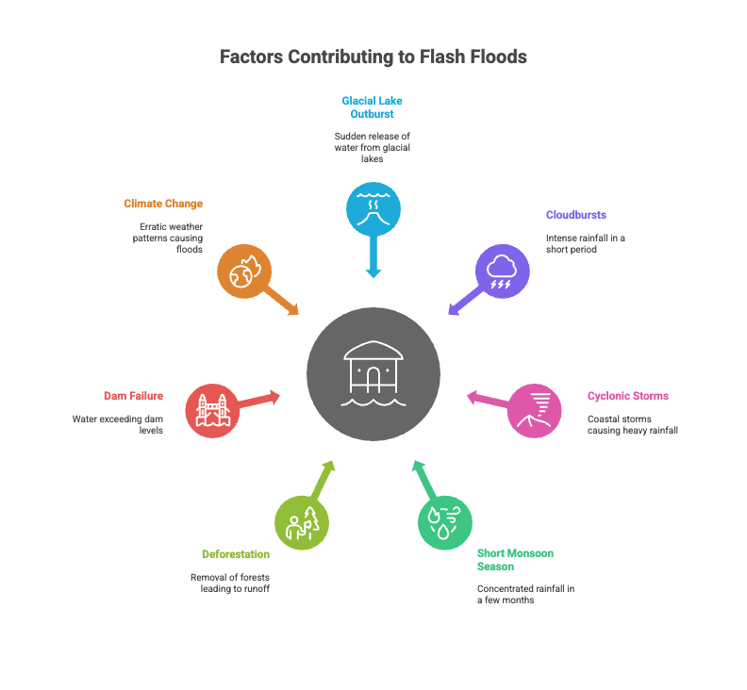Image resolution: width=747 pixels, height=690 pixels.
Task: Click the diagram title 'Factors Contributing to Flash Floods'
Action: tap(373, 57)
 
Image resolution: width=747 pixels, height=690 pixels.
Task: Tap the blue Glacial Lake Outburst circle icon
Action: tap(373, 206)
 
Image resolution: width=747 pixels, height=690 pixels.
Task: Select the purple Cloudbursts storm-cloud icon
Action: tap(502, 271)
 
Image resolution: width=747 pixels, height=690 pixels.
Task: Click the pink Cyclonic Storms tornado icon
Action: tap(535, 410)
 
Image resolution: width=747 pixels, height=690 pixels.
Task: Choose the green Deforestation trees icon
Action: tap(302, 521)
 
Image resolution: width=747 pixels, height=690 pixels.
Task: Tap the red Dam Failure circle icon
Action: tap(212, 410)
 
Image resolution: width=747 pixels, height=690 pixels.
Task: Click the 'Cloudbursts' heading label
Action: tap(575, 215)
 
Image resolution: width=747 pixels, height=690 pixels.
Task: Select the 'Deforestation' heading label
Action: tap(236, 554)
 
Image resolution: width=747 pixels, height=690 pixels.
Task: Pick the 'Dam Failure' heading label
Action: tap(133, 396)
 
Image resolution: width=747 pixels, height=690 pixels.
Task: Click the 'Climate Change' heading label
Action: tap(163, 204)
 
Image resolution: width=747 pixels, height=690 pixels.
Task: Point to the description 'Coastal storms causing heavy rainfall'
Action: tap(633, 424)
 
